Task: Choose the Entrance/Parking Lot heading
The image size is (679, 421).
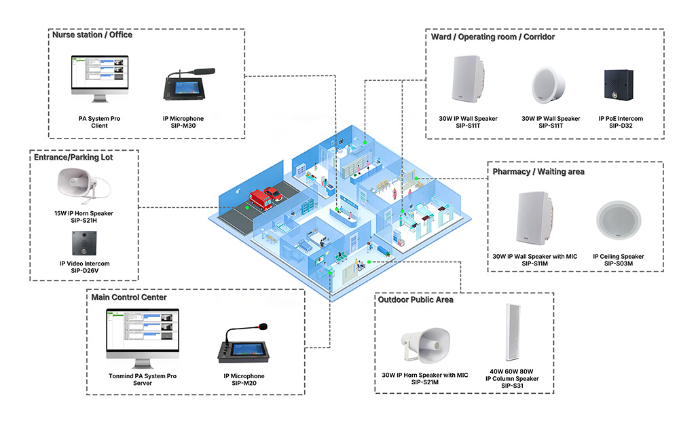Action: pyautogui.click(x=73, y=157)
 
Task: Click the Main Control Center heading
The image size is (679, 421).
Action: pyautogui.click(x=129, y=297)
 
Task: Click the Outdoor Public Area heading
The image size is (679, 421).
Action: pyautogui.click(x=416, y=299)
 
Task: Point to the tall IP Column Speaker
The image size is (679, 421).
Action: pyautogui.click(x=511, y=333)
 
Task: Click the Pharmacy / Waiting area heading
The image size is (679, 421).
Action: pyautogui.click(x=537, y=172)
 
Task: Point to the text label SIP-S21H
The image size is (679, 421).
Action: pyautogui.click(x=85, y=221)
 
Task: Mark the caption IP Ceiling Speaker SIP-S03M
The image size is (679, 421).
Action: pyautogui.click(x=618, y=260)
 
